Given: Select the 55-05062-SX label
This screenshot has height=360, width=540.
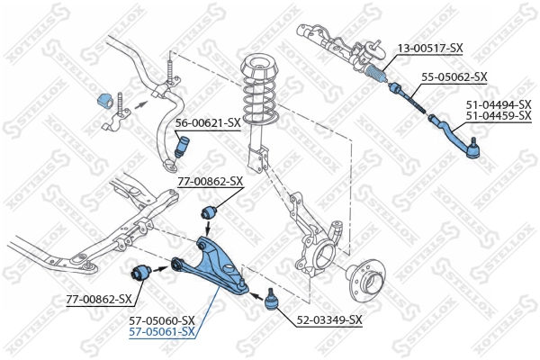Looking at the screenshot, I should coord(454,77).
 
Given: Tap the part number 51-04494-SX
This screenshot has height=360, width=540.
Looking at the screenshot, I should coord(498,105).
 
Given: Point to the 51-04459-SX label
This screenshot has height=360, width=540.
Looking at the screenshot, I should coord(498,116).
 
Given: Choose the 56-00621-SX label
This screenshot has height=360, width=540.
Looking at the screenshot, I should coord(207,121).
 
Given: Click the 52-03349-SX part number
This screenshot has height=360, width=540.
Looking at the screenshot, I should coord(329,319).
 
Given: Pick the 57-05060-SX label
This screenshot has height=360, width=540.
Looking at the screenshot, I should coord(163,320).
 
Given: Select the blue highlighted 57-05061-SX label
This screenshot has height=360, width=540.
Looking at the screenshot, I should coord(163,332).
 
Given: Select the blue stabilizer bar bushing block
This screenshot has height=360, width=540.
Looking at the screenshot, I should coord(102,101).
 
